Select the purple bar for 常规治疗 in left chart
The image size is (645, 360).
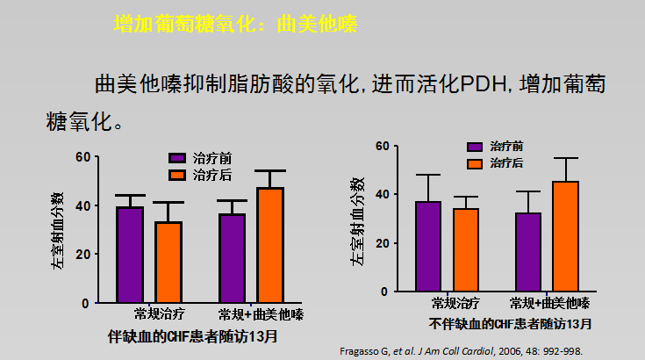(130, 255)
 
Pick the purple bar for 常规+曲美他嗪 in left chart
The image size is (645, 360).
(233, 258)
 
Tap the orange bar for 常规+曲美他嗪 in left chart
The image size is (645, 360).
(271, 245)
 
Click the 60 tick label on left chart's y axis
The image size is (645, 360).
(82, 157)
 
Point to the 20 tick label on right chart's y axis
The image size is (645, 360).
(382, 243)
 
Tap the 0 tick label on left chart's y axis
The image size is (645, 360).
(86, 303)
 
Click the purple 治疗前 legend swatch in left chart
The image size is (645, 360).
(176, 159)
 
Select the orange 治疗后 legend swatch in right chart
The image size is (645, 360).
(475, 163)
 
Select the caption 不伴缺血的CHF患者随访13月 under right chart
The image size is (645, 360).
(510, 324)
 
